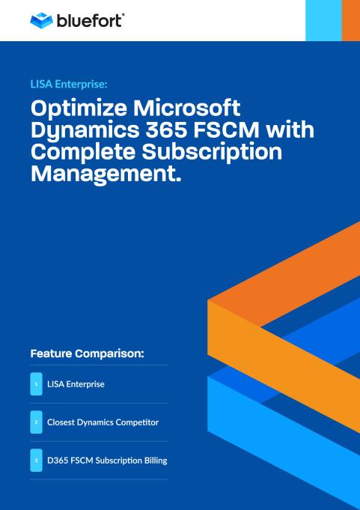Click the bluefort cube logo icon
pos(41,20)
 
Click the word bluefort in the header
pos(90,20)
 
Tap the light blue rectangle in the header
pos(323,20)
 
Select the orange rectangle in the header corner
pos(351,20)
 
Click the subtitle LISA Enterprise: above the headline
pos(69,84)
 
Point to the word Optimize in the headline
pos(79,109)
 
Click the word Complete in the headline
pos(84,152)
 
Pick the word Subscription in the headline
pos(212,152)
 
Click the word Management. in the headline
pos(106,174)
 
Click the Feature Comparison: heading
pos(87,353)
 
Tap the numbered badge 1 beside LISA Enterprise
pos(37,384)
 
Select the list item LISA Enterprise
pos(76,384)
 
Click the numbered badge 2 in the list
pos(37,422)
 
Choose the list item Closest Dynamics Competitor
pos(103,422)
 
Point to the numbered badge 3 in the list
pos(37,461)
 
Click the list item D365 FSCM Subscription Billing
pos(107,461)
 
